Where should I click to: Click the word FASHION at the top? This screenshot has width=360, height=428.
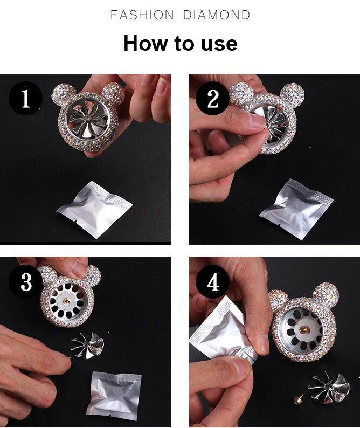142,15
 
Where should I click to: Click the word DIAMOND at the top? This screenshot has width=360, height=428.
217,15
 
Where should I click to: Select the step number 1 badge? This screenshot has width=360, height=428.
25,98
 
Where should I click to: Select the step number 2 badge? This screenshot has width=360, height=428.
212,98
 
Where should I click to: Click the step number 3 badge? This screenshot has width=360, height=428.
26,282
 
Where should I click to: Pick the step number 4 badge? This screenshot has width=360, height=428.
213,282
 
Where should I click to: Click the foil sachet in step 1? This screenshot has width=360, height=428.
94,209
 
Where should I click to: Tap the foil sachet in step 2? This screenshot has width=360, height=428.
296,209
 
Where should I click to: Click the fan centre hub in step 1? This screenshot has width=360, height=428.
89,119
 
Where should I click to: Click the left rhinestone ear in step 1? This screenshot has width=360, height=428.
62,94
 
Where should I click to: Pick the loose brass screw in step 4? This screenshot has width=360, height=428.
298,400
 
